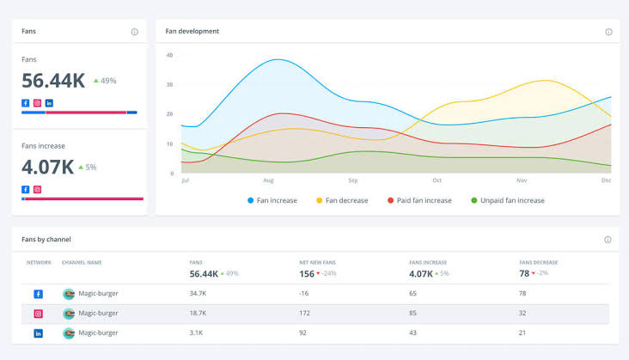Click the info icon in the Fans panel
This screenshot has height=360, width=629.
tap(135, 32)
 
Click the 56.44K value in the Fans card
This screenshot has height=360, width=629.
tap(53, 81)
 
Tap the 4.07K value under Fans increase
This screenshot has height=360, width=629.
tap(46, 167)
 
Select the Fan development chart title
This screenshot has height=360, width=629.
tap(192, 32)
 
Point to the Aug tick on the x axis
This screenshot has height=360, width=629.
tap(269, 181)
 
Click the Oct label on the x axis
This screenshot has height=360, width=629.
tap(437, 181)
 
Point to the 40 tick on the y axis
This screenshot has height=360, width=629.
tap(169, 55)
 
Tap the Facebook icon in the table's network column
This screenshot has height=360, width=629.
tap(38, 294)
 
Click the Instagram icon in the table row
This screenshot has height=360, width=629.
tap(38, 314)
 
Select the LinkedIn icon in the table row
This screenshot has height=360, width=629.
tap(38, 333)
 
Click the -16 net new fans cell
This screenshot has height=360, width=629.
tap(304, 294)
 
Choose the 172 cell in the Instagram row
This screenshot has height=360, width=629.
tap(305, 314)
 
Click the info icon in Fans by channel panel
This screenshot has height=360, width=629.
tap(608, 240)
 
